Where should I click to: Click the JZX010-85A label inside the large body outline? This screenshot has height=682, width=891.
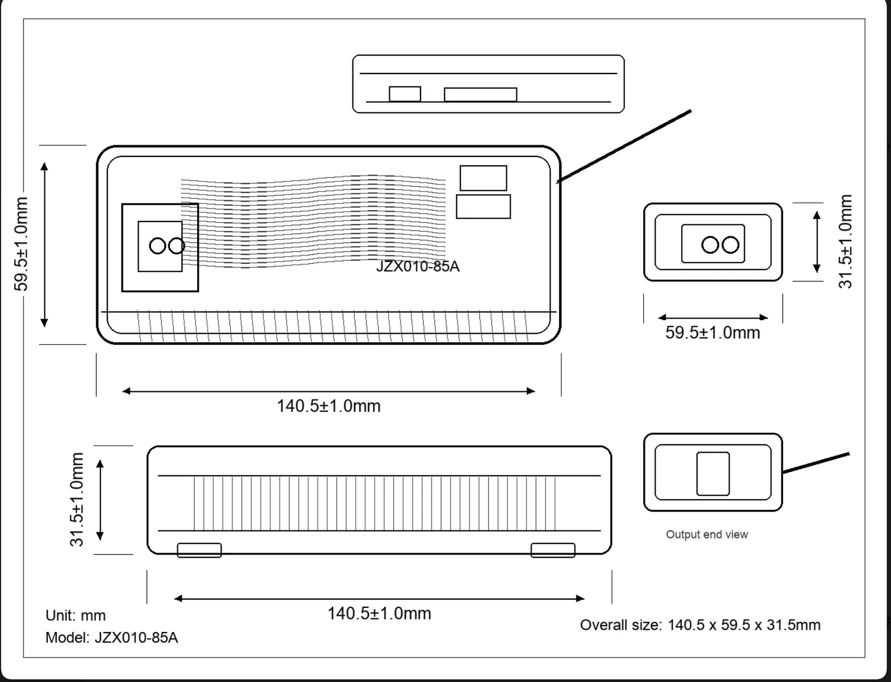pyautogui.click(x=418, y=267)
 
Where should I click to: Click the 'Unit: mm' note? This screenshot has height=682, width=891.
pyautogui.click(x=75, y=615)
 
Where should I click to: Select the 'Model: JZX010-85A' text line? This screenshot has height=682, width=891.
pyautogui.click(x=111, y=637)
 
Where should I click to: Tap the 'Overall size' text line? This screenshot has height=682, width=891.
pyautogui.click(x=700, y=625)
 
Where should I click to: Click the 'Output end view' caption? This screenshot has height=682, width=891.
pyautogui.click(x=707, y=534)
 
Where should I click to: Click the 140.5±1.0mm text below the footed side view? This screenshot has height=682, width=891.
pyautogui.click(x=379, y=614)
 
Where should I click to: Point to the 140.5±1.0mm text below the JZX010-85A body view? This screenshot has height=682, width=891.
pyautogui.click(x=329, y=406)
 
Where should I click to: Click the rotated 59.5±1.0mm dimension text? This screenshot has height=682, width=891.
pyautogui.click(x=21, y=244)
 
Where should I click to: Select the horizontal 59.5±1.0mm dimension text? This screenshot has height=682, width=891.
pyautogui.click(x=713, y=332)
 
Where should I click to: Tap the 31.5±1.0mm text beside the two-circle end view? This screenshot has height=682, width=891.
pyautogui.click(x=845, y=242)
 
